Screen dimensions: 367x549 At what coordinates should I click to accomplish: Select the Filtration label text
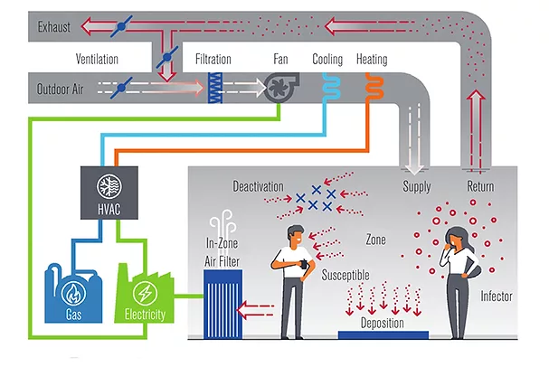coord(213,60)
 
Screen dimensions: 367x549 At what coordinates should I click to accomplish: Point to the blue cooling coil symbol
coord(327,84)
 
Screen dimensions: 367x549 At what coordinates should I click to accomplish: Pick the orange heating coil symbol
coord(372,84)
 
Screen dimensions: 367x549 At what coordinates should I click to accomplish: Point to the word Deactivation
coord(259,186)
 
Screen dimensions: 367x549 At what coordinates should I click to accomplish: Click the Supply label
coord(416,186)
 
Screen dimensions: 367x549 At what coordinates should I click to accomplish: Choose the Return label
coord(480,186)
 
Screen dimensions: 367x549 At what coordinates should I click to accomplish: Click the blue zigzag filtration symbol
coord(216,86)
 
